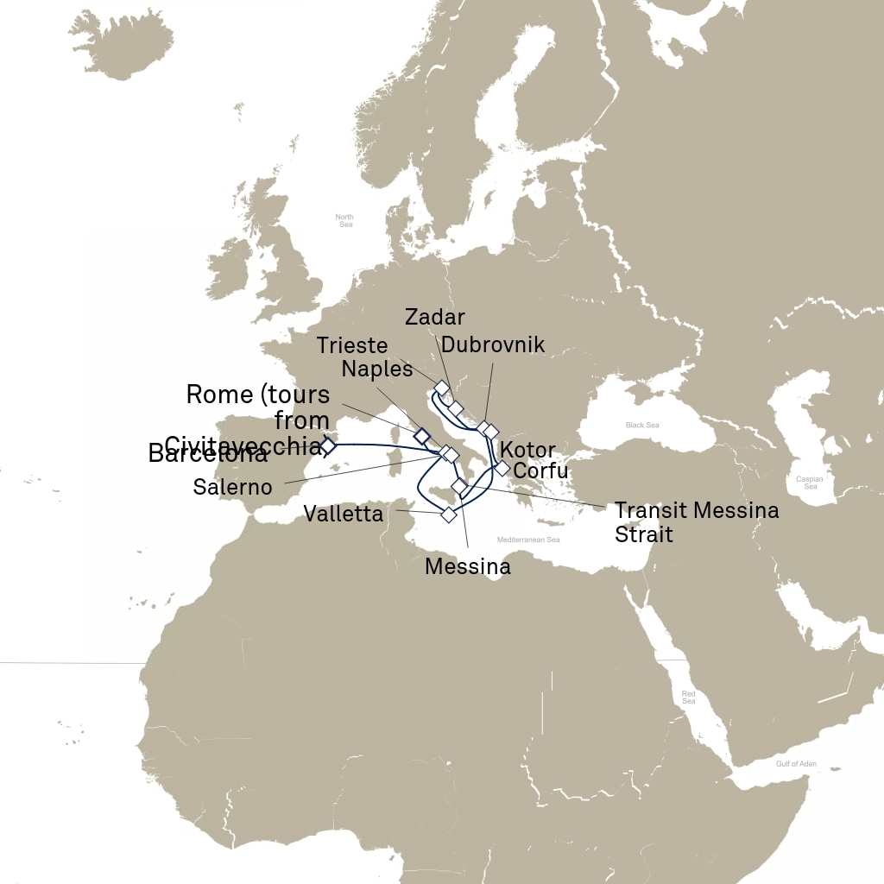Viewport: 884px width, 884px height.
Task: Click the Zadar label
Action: pyautogui.click(x=434, y=317)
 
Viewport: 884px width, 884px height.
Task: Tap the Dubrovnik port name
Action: pyautogui.click(x=493, y=344)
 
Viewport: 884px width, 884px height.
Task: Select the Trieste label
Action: pyautogui.click(x=352, y=345)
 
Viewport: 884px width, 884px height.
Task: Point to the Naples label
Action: pyautogui.click(x=377, y=369)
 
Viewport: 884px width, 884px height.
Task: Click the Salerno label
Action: pyautogui.click(x=232, y=487)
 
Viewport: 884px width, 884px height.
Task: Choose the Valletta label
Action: pyautogui.click(x=343, y=515)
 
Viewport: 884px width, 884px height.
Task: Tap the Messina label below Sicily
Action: pyautogui.click(x=468, y=567)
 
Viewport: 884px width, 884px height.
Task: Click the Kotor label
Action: pyautogui.click(x=527, y=451)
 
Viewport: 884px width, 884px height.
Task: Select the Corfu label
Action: pyautogui.click(x=540, y=471)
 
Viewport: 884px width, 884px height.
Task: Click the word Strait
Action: pyautogui.click(x=643, y=534)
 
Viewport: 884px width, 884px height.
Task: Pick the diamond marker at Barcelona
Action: pyautogui.click(x=327, y=445)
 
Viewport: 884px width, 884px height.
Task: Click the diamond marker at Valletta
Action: pyautogui.click(x=448, y=515)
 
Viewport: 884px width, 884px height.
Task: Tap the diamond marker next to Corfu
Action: pyautogui.click(x=502, y=469)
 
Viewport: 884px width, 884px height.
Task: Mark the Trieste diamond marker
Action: pyautogui.click(x=441, y=387)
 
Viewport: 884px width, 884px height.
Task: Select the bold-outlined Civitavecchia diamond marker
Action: pyautogui.click(x=421, y=435)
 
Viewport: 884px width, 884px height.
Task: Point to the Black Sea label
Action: pyautogui.click(x=641, y=426)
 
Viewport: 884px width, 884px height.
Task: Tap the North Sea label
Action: pyautogui.click(x=345, y=220)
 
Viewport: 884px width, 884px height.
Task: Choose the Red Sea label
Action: pyautogui.click(x=688, y=697)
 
